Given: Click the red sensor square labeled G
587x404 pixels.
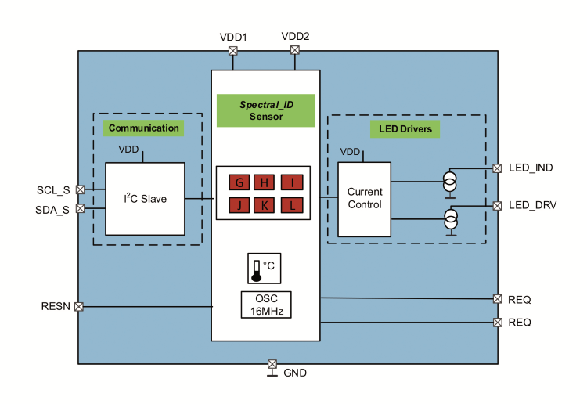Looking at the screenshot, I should (239, 183).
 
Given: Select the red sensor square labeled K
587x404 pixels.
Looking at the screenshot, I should (265, 206).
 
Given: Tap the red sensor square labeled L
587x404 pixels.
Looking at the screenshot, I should (291, 206).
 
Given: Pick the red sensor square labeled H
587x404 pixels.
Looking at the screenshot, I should (265, 183).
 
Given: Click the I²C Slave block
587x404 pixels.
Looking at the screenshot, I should (145, 199).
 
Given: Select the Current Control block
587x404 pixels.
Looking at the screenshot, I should (364, 199).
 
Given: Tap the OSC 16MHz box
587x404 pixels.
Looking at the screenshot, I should (265, 305).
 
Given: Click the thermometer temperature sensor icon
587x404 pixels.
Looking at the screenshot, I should (256, 269).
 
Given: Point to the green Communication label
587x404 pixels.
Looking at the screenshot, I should (143, 128).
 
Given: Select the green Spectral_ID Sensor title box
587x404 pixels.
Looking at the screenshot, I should (265, 110).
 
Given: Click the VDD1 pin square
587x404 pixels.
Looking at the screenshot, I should (232, 51).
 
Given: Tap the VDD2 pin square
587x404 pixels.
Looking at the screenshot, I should (295, 51).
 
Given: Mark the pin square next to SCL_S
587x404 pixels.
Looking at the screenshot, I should (79, 189).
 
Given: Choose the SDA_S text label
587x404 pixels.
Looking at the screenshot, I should (52, 209).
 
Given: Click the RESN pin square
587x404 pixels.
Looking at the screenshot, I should (79, 306).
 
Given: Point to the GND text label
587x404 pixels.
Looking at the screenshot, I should (295, 373).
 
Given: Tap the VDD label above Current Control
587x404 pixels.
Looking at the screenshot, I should (351, 152).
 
